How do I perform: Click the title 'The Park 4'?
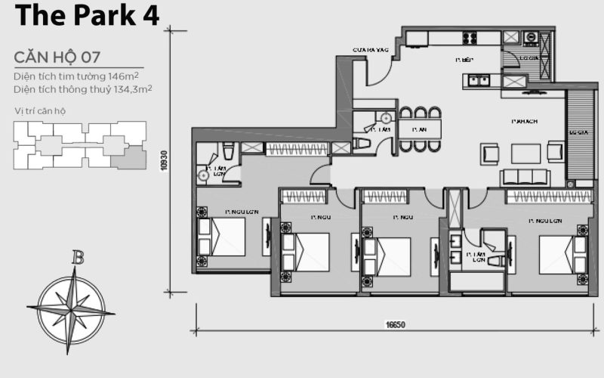87,15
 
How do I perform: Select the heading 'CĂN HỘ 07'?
57,57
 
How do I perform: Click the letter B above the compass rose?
77,257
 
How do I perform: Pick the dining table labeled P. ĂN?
420,130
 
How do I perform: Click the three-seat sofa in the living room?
525,177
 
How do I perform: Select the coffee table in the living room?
525,153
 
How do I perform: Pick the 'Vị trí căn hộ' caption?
40,111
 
